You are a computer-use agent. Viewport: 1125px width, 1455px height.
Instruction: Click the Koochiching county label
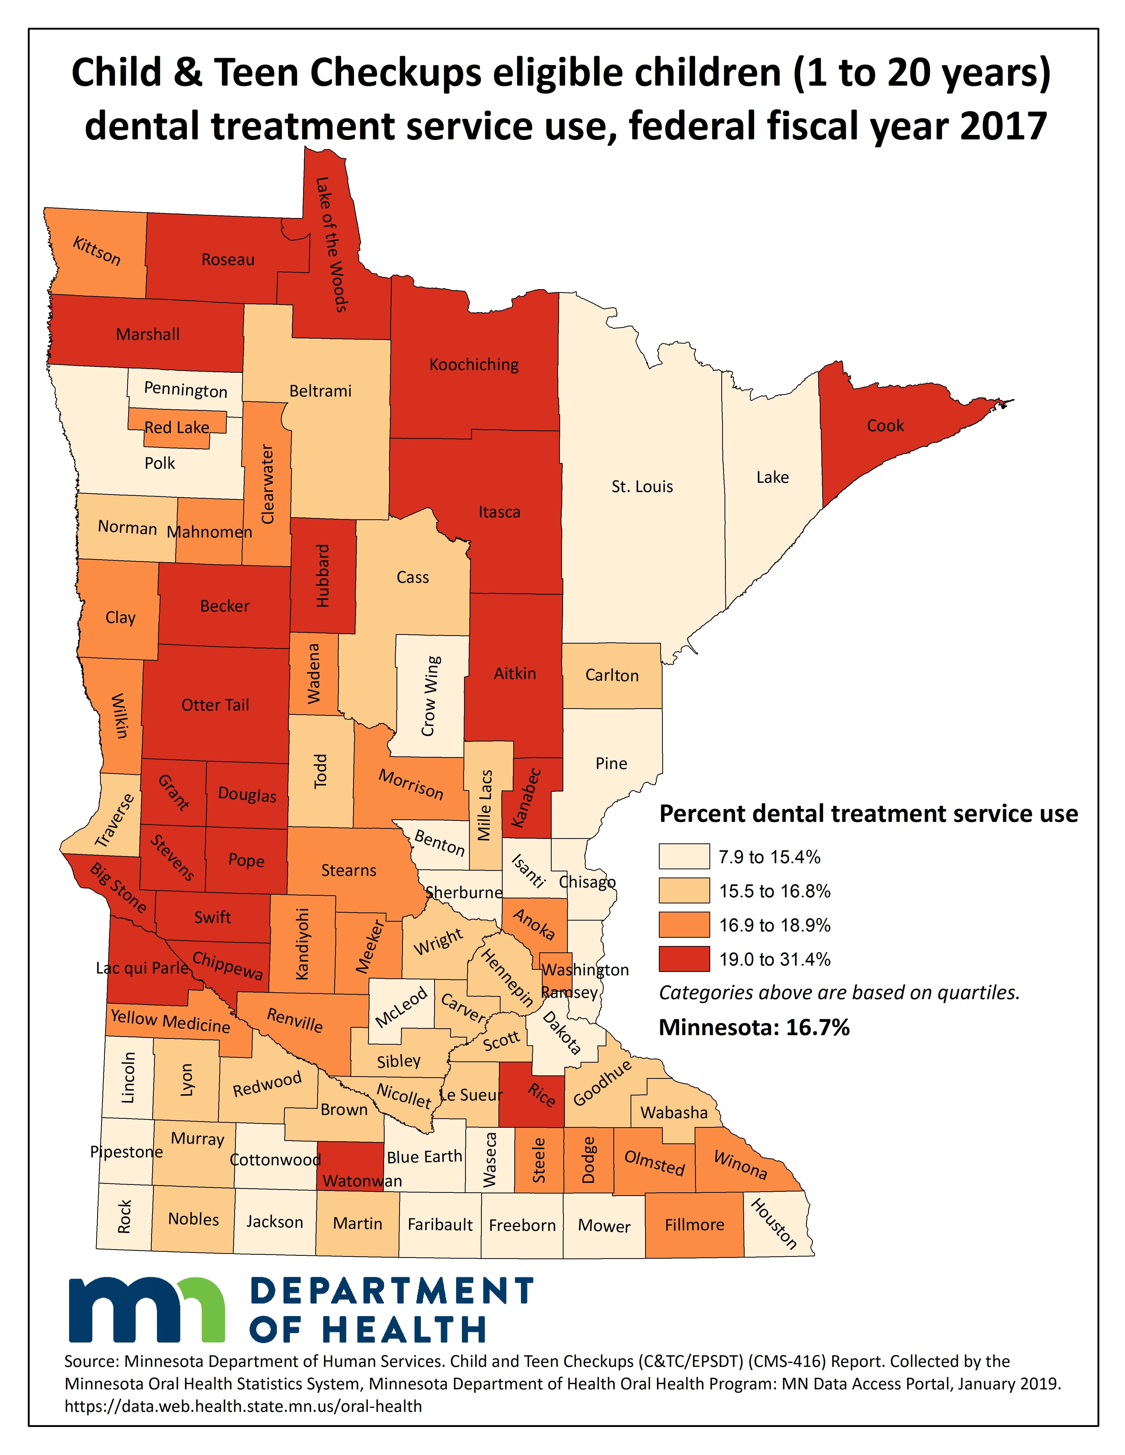point(474,365)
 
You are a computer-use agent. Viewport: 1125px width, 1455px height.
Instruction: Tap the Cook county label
point(885,426)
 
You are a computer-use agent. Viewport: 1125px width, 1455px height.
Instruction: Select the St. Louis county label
point(642,486)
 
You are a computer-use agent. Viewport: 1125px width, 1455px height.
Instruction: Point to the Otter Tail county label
point(215,705)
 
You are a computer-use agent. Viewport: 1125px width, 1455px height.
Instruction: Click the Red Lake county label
point(177,427)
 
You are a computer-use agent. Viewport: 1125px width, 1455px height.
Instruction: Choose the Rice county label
point(541,1095)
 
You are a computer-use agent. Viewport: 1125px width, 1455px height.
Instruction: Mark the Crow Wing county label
point(430,696)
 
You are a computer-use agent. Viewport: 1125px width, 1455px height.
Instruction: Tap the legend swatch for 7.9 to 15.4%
point(684,857)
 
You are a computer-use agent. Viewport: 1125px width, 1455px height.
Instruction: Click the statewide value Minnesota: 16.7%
point(754,1027)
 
